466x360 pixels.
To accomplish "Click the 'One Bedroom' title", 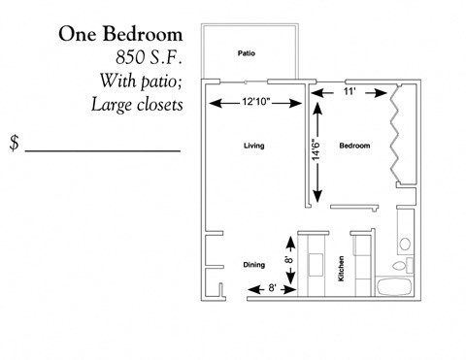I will pyautogui.click(x=120, y=34).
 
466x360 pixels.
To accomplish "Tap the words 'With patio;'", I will pyautogui.click(x=141, y=80).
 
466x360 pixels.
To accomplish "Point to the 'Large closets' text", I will pyautogui.click(x=136, y=103).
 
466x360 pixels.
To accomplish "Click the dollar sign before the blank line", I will pyautogui.click(x=14, y=144).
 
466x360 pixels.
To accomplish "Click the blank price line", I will pyautogui.click(x=102, y=151).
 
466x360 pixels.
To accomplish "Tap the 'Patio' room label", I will pyautogui.click(x=246, y=53).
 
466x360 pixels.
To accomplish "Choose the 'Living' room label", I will pyautogui.click(x=254, y=146).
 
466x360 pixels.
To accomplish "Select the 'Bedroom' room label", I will pyautogui.click(x=354, y=146).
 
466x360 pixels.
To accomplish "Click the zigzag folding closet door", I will pyautogui.click(x=396, y=131).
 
